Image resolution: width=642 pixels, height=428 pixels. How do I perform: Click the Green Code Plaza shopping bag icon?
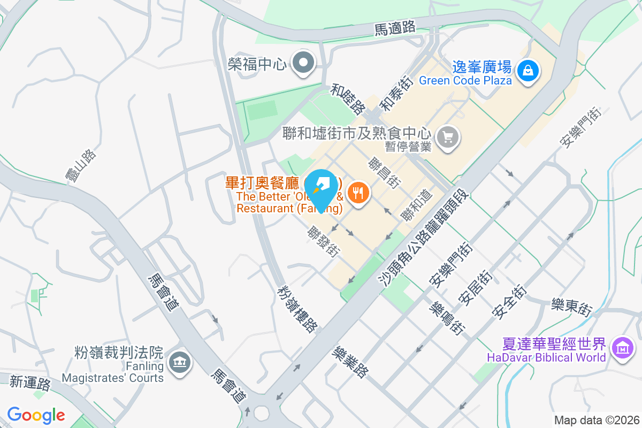point(528,70)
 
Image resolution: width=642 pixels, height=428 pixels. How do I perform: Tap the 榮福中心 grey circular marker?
point(304,64)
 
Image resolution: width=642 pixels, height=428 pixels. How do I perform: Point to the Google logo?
point(36,415)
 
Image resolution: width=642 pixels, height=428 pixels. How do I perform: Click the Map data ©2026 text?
point(597,421)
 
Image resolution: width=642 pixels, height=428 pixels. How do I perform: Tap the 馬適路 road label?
point(395,28)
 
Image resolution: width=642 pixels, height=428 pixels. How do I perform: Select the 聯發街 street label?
point(323,242)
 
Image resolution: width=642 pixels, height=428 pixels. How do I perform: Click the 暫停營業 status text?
point(408,146)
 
